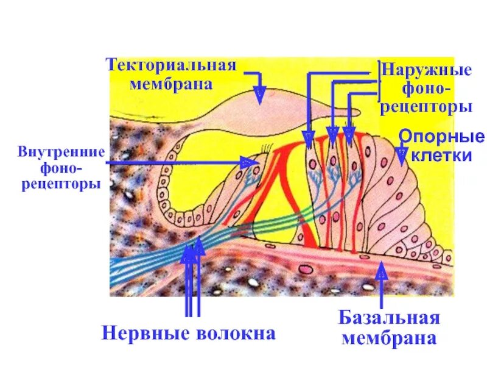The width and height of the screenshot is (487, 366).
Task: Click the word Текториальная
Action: tap(171, 65)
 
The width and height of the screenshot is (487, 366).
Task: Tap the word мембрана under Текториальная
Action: tap(171, 84)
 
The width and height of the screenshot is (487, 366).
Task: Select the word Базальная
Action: tap(390, 318)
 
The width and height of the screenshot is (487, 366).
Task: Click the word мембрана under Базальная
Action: tap(390, 338)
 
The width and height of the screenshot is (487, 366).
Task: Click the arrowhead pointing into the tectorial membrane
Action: tap(259, 94)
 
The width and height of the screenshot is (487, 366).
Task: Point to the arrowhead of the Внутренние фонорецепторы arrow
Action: tap(250, 162)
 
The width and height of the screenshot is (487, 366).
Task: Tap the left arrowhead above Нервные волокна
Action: tap(188, 253)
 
